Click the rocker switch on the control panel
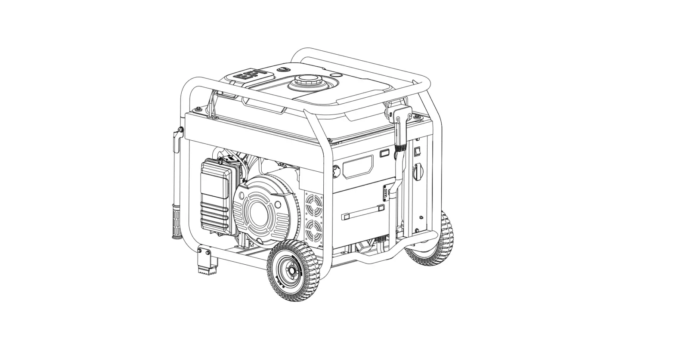(x=416, y=151)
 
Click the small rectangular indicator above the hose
(x=384, y=153)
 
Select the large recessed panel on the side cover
(x=357, y=166)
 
